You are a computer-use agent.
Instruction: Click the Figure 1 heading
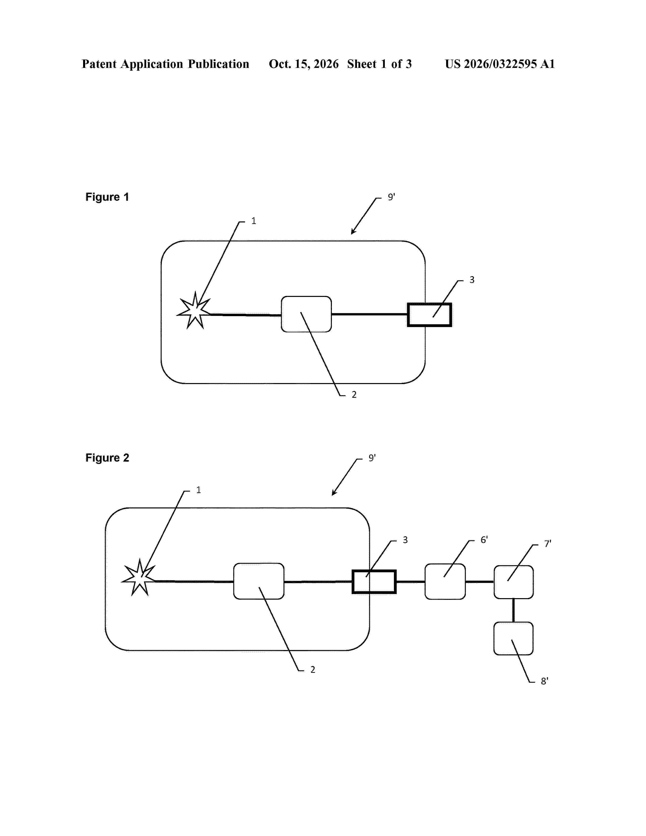click(x=107, y=197)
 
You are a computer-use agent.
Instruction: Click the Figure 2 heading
click(x=107, y=458)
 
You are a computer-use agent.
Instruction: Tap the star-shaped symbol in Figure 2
click(x=139, y=578)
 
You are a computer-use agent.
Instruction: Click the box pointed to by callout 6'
click(x=445, y=581)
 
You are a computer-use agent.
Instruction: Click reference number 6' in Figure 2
click(x=484, y=540)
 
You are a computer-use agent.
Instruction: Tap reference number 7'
click(x=548, y=544)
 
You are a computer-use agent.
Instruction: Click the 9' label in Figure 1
click(x=391, y=197)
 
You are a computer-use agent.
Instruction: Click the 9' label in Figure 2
click(x=372, y=458)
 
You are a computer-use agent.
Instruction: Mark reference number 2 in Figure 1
click(x=354, y=395)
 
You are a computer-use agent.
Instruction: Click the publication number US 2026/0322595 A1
click(x=500, y=64)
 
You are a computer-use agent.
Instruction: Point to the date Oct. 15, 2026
click(x=303, y=64)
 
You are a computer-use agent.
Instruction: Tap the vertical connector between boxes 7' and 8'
click(x=514, y=611)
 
